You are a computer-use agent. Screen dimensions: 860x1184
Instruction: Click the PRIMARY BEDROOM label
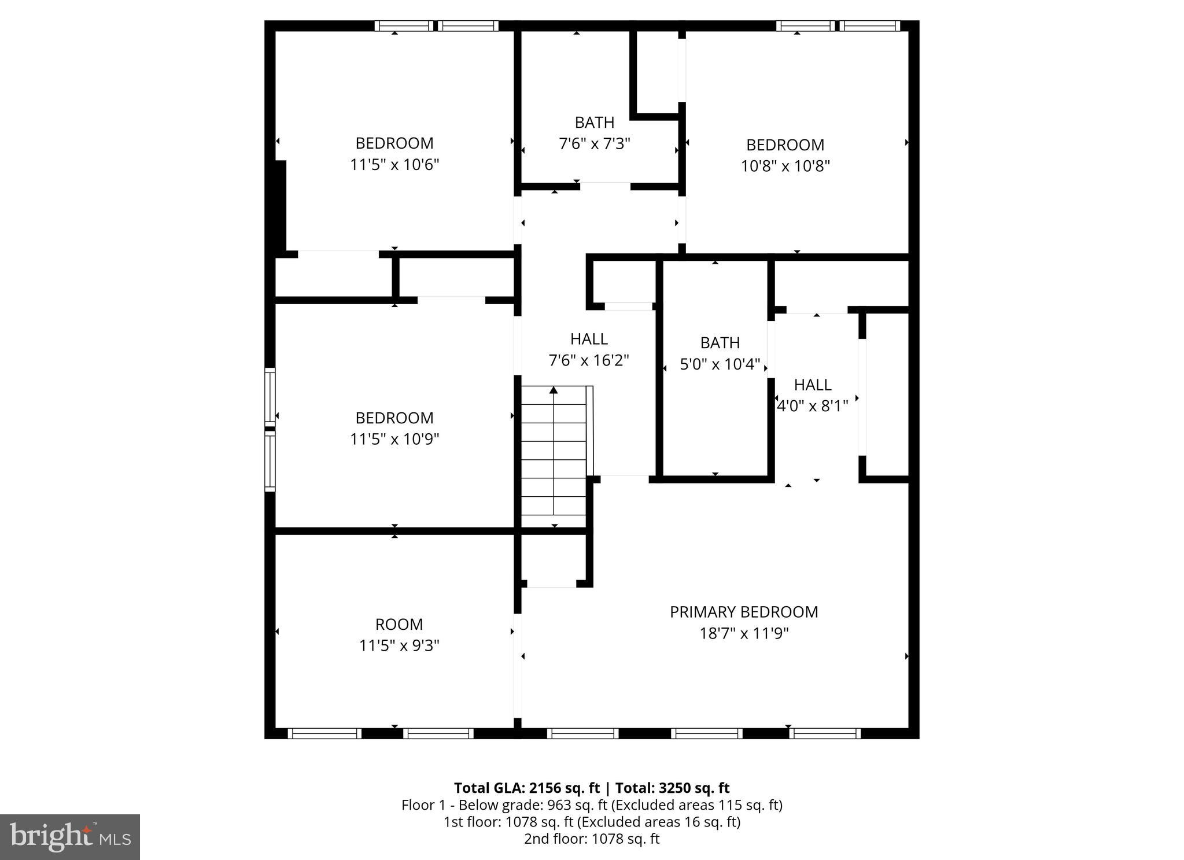(x=744, y=612)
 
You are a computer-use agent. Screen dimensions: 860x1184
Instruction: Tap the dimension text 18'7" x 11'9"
(x=744, y=633)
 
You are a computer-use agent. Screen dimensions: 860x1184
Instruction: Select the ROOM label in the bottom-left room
(x=399, y=624)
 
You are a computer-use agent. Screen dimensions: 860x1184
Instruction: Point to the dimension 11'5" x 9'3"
(x=399, y=645)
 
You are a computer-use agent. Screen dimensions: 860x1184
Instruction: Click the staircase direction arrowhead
(x=554, y=390)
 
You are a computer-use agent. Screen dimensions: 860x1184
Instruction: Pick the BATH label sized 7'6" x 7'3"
(x=594, y=123)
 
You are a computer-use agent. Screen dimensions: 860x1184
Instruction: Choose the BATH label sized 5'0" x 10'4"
(x=720, y=343)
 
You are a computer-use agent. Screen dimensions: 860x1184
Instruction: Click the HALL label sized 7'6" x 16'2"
(x=589, y=339)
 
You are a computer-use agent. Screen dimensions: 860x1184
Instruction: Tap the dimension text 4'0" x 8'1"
(x=812, y=406)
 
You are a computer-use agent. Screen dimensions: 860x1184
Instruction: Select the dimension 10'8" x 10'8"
(x=785, y=166)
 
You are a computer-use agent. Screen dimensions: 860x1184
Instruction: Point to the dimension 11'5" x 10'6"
(x=394, y=165)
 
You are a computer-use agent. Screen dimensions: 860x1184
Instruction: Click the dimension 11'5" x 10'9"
(x=394, y=440)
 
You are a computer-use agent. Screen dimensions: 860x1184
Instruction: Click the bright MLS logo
(x=70, y=837)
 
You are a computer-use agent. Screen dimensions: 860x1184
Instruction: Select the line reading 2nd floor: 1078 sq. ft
(x=592, y=839)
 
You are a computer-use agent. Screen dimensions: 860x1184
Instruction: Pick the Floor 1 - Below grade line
(x=592, y=805)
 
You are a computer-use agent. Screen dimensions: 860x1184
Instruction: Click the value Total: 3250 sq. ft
(x=672, y=788)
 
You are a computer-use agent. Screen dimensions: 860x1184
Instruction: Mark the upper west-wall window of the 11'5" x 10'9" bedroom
(x=270, y=397)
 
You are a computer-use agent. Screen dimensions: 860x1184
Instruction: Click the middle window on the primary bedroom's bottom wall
(x=706, y=733)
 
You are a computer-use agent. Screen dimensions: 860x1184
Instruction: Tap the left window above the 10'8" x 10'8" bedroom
(x=805, y=25)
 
